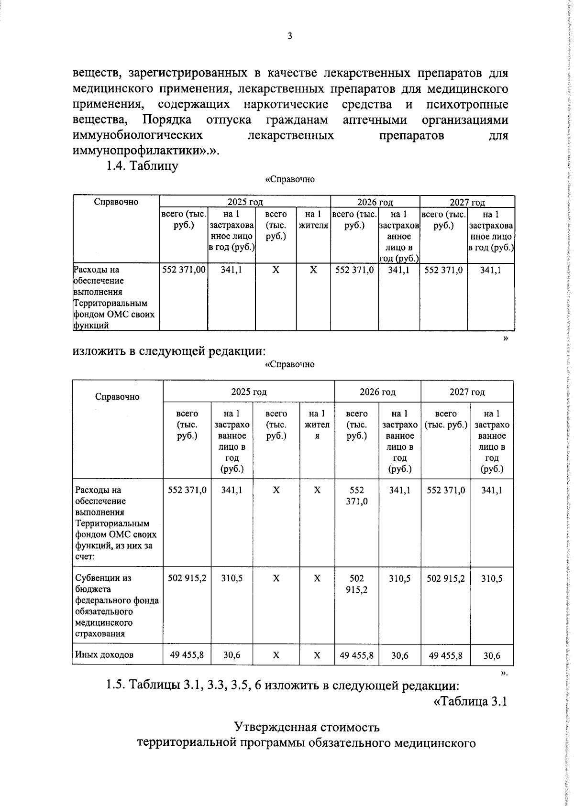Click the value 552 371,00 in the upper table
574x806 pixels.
pos(184,270)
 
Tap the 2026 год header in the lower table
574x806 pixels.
pos(377,392)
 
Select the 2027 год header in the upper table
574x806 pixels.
pos(467,202)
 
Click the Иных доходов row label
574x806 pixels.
pos(104,654)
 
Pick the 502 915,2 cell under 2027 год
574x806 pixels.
pos(446,578)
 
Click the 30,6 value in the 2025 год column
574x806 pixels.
pos(232,655)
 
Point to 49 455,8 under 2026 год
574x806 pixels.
pos(356,655)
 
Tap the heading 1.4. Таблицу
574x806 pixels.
pos(142,166)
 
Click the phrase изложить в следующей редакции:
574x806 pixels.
pos(169,351)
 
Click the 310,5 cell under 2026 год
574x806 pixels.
pos(399,578)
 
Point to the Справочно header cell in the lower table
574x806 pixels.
pos(117,397)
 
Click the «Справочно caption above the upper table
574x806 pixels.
pos(289,179)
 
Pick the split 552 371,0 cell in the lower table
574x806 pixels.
pos(356,496)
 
